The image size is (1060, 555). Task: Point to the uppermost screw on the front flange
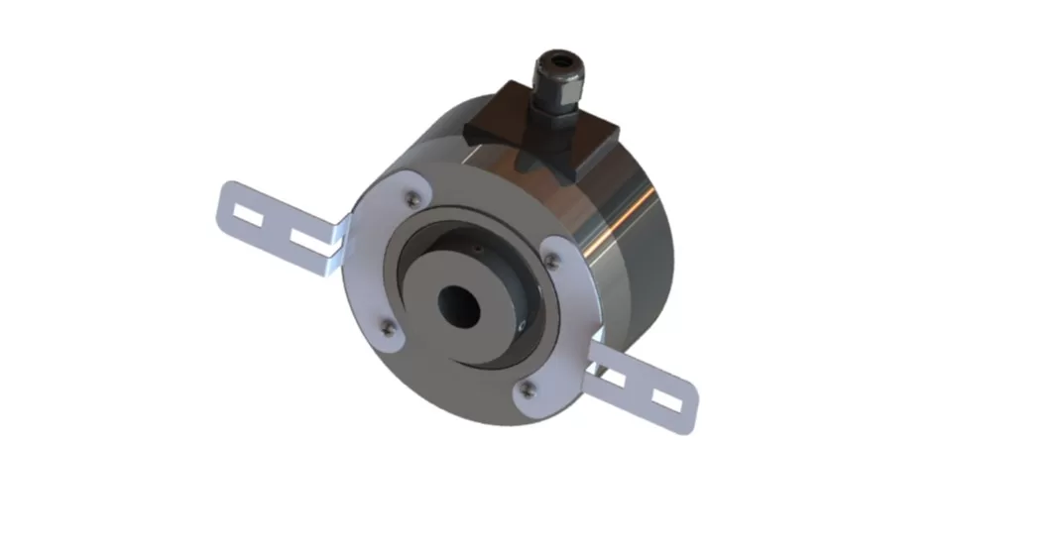pos(408,201)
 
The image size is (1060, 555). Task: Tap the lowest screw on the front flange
pos(529,388)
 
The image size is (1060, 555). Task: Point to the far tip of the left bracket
pos(222,202)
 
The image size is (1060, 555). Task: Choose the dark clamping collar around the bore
pos(496,287)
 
